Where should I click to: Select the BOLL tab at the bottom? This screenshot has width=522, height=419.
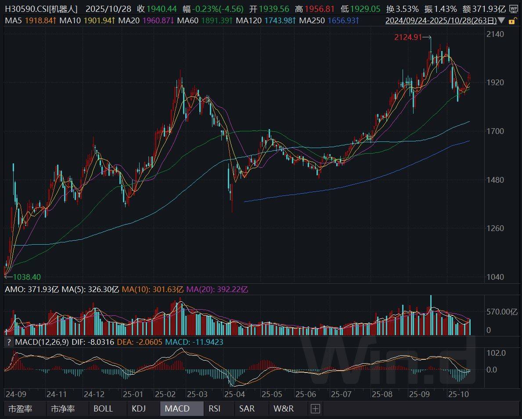point(103,408)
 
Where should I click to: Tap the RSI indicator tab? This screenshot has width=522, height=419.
point(215,408)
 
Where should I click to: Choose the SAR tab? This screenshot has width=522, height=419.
point(247,408)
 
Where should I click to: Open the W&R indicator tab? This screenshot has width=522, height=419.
point(284,408)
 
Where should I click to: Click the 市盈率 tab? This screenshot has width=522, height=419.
point(21,408)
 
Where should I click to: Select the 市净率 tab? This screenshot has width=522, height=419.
point(63,408)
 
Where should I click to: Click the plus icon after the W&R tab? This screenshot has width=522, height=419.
point(315,408)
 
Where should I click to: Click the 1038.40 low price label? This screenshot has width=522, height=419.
point(27,277)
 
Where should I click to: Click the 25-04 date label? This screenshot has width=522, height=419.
point(234,394)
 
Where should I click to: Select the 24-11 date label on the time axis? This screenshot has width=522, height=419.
point(57,394)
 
